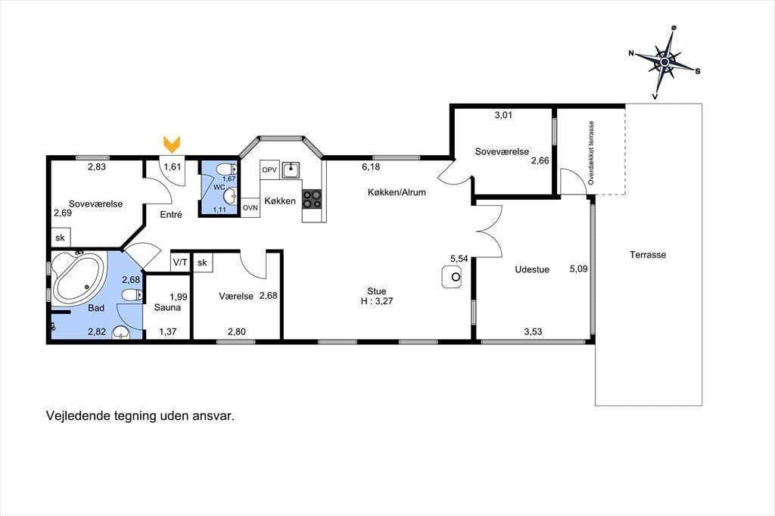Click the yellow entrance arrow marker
click(x=172, y=144)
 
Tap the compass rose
click(x=665, y=62)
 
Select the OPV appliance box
click(x=269, y=169)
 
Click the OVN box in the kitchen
click(x=250, y=207)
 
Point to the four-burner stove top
click(x=312, y=199)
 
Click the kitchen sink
click(x=291, y=170)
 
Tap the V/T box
click(x=180, y=262)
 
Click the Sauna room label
click(x=167, y=307)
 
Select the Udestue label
click(x=532, y=269)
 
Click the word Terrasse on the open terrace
click(x=648, y=254)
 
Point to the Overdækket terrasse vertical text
click(x=591, y=154)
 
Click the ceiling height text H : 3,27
click(x=377, y=301)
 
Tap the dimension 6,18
click(x=371, y=167)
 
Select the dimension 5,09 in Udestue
click(x=579, y=269)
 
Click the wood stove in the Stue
click(x=451, y=277)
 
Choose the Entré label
click(x=171, y=215)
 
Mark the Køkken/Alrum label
click(x=397, y=192)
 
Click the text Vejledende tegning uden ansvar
click(x=140, y=415)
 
